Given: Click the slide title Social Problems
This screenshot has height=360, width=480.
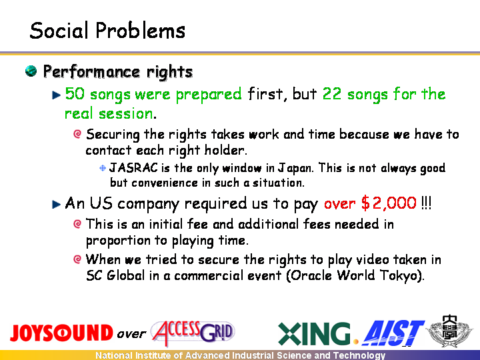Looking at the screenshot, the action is coord(107,31).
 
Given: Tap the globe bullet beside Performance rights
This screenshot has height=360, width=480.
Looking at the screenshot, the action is coord(31,71).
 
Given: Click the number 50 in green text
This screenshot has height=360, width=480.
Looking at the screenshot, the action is coord(75,93).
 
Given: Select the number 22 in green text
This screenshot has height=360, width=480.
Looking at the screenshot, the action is coord(332,93).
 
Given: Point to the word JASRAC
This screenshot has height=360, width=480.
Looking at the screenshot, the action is coord(133,168).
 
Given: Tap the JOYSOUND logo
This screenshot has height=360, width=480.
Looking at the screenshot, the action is coord(61,333).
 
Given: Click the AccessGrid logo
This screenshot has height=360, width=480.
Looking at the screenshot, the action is coord(193,333).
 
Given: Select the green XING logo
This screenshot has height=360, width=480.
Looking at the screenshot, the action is coord(314,333).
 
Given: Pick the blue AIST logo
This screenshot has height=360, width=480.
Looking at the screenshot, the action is coord(393,333).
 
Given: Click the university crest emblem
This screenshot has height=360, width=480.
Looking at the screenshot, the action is coord(450,331).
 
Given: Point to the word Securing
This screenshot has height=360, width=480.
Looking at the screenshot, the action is coord(113,135).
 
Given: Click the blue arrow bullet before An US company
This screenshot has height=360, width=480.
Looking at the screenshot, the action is coord(56,204).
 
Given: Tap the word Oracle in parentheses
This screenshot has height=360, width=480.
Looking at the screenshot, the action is coord(311,275).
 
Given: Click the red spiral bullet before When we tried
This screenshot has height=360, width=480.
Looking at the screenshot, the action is coord(77,259).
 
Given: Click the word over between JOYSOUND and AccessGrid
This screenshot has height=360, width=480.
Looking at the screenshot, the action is coord(131,334).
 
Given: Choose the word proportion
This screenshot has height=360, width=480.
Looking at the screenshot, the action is coord(118,241).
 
